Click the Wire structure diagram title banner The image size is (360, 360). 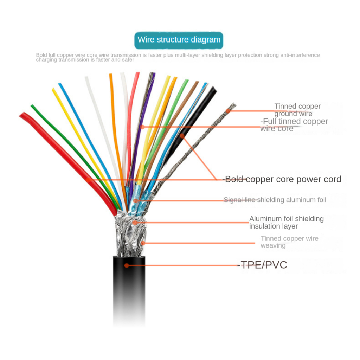click(179, 40)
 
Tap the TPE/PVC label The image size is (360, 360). click(263, 265)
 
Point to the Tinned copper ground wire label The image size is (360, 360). click(297, 110)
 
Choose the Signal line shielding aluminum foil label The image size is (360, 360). click(275, 200)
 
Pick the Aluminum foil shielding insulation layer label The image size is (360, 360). click(286, 222)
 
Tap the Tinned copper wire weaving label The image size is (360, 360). click(289, 242)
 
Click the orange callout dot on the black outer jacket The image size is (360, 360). click(127, 265)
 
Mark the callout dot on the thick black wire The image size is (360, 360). click(182, 136)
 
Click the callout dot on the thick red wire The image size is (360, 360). click(88, 180)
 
